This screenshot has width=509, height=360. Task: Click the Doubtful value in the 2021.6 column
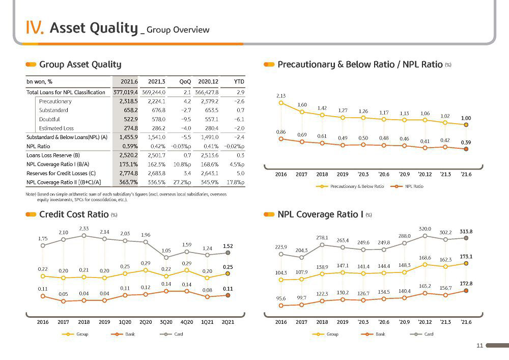(131, 119)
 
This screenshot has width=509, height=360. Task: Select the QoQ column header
(185, 81)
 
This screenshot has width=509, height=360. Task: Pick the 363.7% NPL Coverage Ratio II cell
(129, 182)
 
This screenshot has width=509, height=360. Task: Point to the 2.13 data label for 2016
(281, 96)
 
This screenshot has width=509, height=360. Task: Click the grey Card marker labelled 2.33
(84, 236)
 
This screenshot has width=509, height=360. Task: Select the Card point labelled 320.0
(425, 236)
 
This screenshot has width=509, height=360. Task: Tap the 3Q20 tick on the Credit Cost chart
(166, 322)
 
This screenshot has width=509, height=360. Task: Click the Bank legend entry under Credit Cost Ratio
(123, 334)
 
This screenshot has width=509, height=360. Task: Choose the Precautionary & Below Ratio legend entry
(350, 186)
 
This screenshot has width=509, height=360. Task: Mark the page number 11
(480, 345)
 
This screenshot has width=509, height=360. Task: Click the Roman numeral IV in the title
(35, 27)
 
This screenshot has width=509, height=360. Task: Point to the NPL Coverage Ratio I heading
(320, 214)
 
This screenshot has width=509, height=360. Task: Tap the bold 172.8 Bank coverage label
(466, 284)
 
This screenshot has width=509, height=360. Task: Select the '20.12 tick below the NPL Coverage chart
(425, 322)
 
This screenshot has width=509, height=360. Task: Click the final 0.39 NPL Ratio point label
(466, 142)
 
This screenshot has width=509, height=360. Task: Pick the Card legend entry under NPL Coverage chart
(421, 334)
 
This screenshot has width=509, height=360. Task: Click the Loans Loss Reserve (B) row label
(53, 155)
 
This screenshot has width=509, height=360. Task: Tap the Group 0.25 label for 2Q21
(228, 267)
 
